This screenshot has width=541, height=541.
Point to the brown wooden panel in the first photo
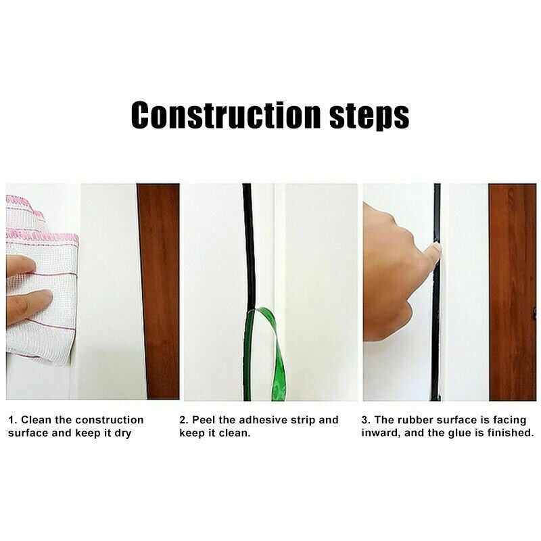pos(158,291)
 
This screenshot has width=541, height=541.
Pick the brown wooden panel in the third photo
pos(512,291)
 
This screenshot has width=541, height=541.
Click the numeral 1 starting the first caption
pos(11,420)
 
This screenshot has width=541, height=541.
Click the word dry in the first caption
pos(122,433)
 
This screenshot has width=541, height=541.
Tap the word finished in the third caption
pos(511,433)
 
